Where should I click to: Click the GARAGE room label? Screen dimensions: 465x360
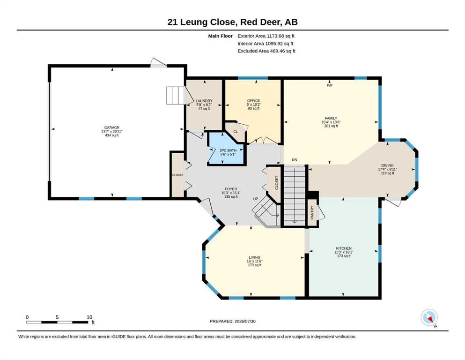coord(112,127)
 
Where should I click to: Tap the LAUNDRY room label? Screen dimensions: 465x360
coord(204,101)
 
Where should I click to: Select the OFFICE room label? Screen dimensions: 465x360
coord(253,101)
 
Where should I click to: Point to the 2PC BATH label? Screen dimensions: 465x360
coord(228,150)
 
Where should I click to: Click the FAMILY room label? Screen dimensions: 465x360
coord(331,118)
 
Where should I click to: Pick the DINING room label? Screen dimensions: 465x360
coord(387,165)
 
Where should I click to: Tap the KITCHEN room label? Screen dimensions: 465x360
coord(344,248)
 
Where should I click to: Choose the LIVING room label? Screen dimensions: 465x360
coord(254,257)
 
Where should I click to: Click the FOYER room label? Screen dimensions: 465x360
coord(231,189)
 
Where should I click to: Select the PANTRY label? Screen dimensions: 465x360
coord(312,213)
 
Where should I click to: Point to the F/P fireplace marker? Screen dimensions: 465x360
coord(330,85)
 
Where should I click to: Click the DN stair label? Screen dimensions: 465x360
coord(295,160)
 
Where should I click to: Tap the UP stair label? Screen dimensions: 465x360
coord(256,199)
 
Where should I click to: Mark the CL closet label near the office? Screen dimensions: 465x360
coord(236,131)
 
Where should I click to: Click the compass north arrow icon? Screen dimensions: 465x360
coord(429,317)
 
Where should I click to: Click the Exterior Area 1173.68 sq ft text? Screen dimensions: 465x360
coord(266,36)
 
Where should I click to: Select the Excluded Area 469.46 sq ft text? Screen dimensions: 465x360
coord(266,51)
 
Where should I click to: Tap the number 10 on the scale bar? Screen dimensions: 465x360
coord(89,317)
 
